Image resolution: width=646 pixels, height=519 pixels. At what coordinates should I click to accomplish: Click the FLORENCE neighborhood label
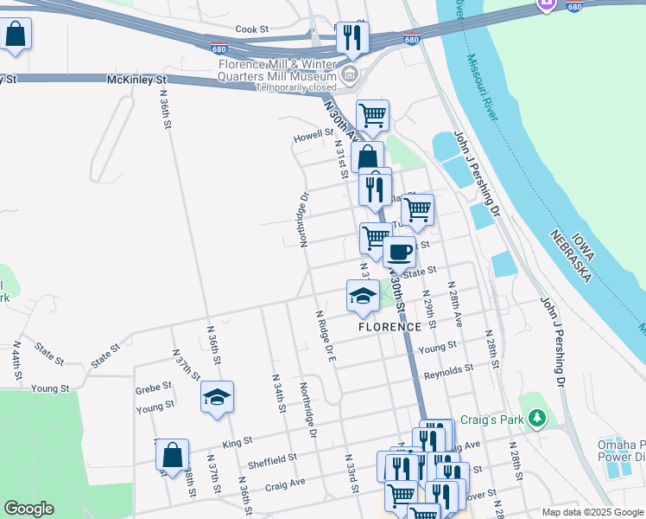point(390,327)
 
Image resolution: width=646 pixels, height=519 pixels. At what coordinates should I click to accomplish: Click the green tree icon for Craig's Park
point(538,420)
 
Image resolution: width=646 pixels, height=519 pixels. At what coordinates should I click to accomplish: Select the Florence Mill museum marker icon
point(349,74)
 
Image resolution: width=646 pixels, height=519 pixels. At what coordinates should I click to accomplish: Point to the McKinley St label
point(136,80)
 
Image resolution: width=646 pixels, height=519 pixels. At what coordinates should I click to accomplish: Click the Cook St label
point(252,29)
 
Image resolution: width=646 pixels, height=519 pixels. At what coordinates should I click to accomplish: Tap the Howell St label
point(313,136)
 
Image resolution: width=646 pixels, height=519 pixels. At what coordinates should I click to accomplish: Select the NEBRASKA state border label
point(572,257)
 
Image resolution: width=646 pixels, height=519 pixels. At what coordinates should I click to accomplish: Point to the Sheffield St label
point(273,458)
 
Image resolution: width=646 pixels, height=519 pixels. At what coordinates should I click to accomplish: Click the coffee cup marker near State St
point(399,253)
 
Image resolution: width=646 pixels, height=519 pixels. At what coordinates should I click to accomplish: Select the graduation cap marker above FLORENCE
point(363,296)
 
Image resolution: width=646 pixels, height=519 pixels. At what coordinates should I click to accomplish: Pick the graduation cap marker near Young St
point(217,397)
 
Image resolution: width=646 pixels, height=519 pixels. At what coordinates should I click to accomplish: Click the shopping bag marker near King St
point(173,454)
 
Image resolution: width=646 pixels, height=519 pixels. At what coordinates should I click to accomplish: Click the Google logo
point(29,509)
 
